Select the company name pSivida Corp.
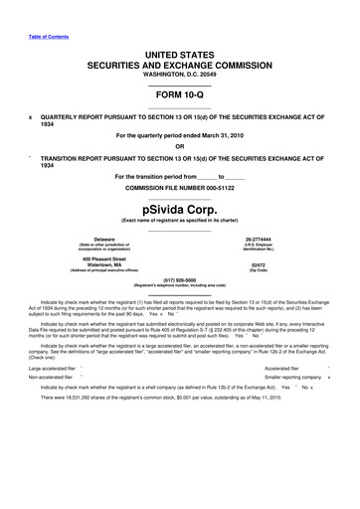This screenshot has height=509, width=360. pyautogui.click(x=179, y=211)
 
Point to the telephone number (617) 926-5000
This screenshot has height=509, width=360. pyautogui.click(x=179, y=279)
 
